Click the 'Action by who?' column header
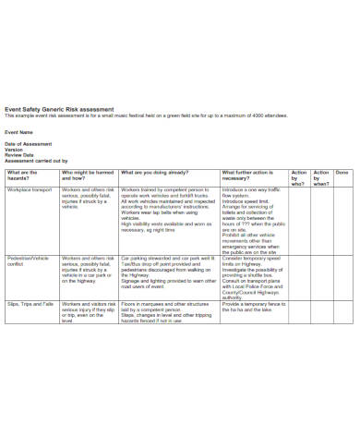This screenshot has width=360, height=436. tap(298, 177)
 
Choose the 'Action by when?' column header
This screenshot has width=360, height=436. tap(321, 177)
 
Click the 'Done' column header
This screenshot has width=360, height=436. tap(342, 172)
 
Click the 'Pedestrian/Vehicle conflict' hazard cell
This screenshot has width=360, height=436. tap(29, 264)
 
